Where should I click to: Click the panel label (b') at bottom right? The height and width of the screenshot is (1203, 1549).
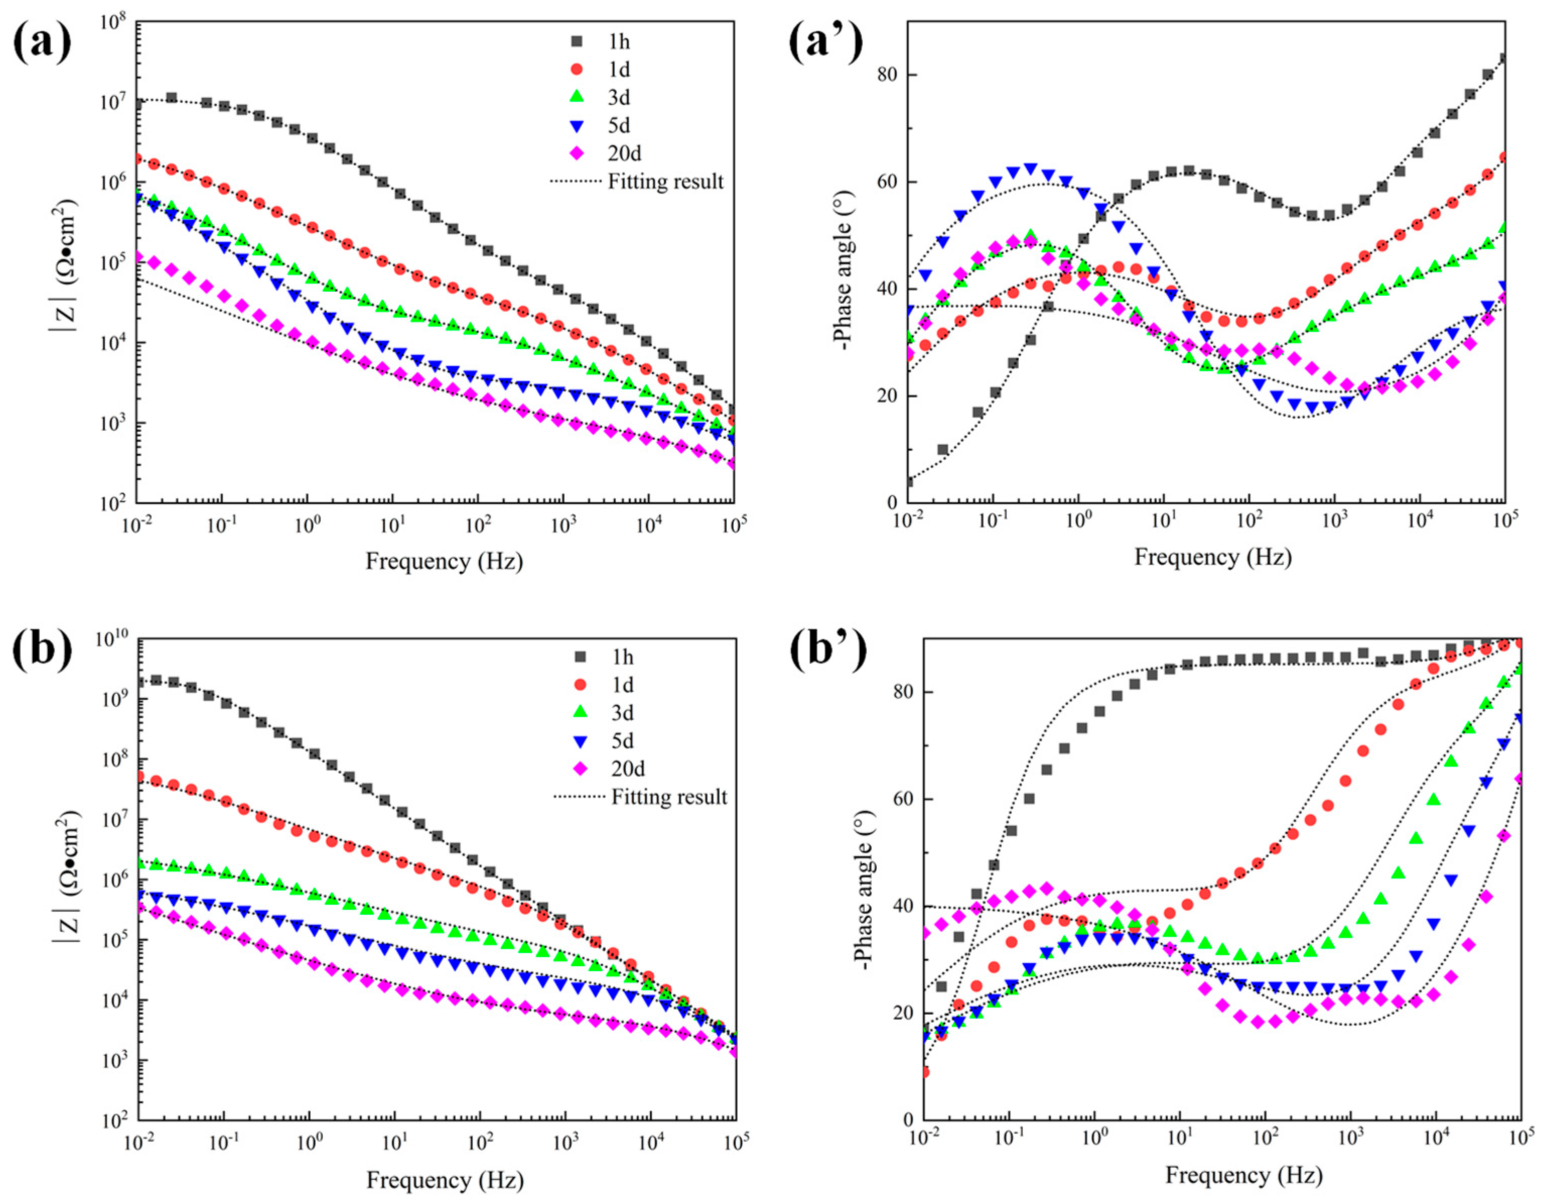tap(828, 650)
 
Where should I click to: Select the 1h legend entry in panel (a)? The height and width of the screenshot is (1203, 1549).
tap(618, 42)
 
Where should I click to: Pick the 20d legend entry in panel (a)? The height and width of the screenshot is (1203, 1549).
tap(623, 153)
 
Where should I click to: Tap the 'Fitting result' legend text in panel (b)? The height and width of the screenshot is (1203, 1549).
tap(669, 797)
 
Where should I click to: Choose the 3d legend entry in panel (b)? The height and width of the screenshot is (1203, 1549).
tap(622, 713)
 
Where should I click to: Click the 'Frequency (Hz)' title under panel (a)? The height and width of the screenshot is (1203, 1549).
tap(444, 561)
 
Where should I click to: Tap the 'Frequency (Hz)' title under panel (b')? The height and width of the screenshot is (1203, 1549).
tap(1243, 1175)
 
